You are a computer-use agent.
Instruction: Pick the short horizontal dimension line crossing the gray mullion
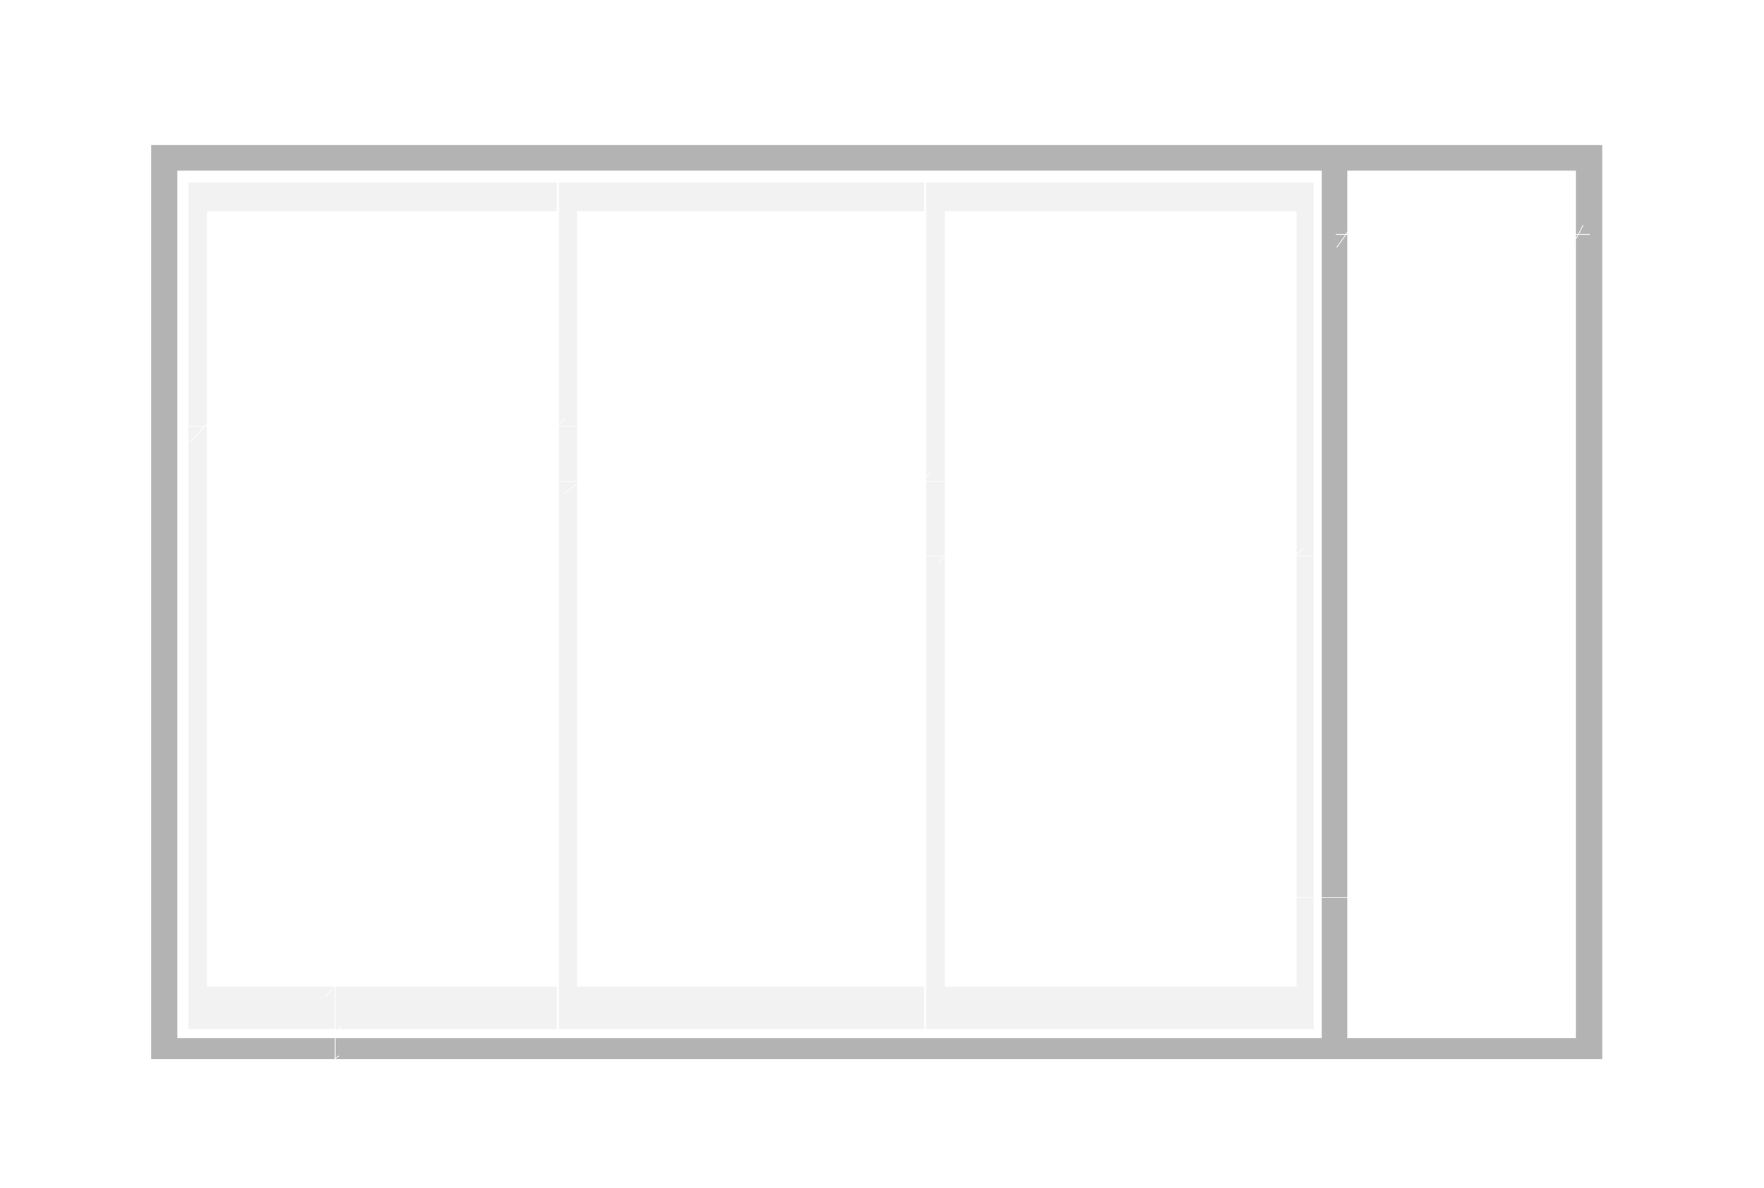[1322, 898]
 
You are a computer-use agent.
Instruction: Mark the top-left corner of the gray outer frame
[152, 146]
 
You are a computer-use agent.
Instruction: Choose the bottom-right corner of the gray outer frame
[1601, 1058]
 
